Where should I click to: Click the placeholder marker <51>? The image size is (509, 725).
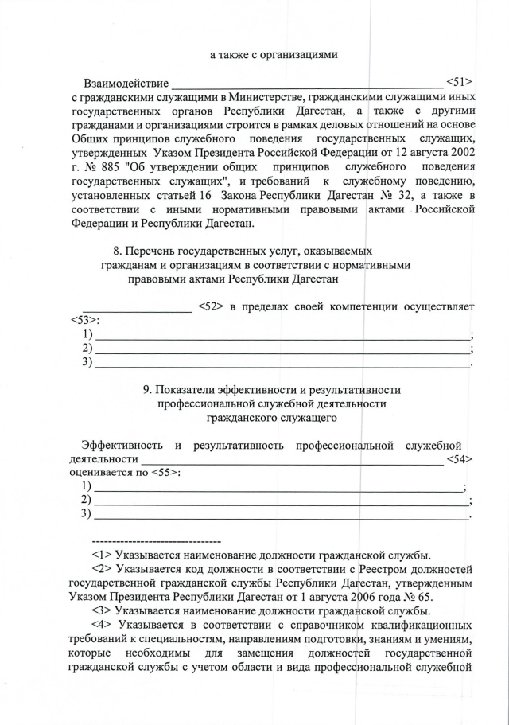tap(460, 82)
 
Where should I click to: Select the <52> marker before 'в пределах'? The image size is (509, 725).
tap(210, 306)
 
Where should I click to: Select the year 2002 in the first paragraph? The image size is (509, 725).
tap(460, 152)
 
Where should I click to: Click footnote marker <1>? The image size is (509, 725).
tap(102, 555)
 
